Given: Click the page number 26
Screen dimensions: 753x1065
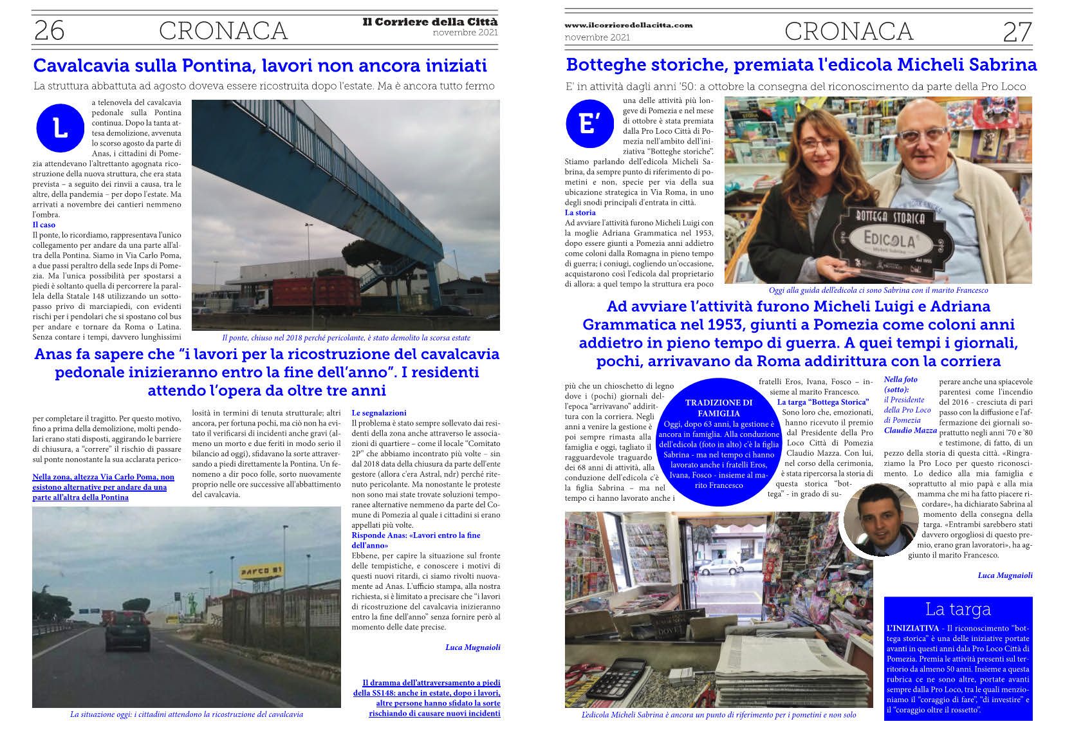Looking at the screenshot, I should tap(49, 30).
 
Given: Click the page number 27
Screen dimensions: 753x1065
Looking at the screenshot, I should tap(1016, 31).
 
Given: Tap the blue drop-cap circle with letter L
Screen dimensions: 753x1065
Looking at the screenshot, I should tap(60, 129).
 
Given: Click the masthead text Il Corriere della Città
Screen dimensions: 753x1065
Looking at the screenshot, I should tap(430, 22).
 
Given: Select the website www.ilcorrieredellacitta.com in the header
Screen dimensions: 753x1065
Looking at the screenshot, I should tap(628, 25).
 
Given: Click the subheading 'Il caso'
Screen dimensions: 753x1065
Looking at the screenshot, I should tap(44, 225).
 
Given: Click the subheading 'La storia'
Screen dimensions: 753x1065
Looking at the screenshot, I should tap(580, 212).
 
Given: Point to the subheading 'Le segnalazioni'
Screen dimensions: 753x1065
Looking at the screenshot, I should tap(378, 413).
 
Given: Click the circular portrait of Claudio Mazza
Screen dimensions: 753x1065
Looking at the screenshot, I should tap(880, 520).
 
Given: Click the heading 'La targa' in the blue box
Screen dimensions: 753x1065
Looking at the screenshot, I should tap(958, 609).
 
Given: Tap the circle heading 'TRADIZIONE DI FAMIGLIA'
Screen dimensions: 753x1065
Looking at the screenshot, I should tap(718, 408).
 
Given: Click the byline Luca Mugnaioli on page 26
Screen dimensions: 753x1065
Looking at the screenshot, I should tap(472, 647).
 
